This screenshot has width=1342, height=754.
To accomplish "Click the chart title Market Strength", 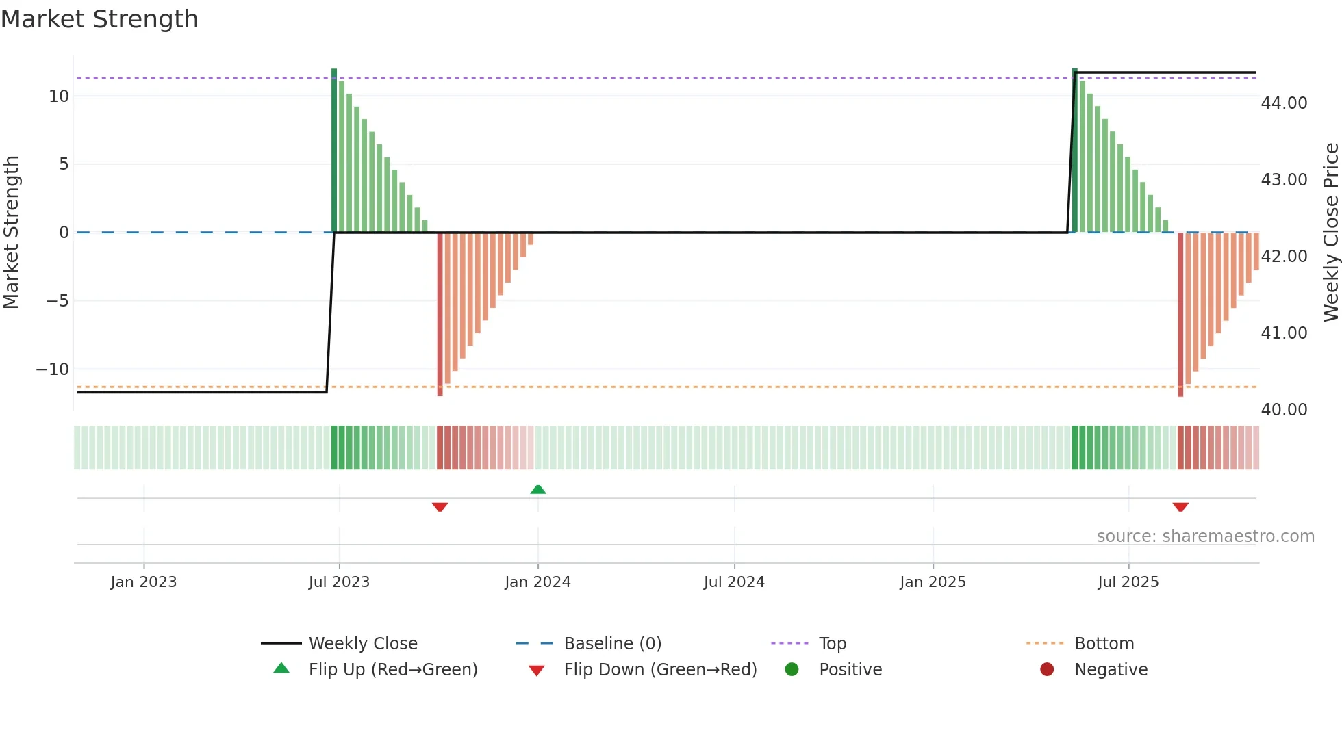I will (99, 19).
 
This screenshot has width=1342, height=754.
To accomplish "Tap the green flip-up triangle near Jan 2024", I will (538, 489).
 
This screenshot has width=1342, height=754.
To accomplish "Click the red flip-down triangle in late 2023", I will (440, 507).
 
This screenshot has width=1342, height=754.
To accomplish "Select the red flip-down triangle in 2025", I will (1180, 507).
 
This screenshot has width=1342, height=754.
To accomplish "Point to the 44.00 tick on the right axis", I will (1284, 103).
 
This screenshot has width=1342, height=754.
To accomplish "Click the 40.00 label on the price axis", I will (1284, 410).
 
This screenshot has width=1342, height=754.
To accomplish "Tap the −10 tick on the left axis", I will (53, 369).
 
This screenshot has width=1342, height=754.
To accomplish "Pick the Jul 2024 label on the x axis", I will (734, 582).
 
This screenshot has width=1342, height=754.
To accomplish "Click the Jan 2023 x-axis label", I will (144, 582).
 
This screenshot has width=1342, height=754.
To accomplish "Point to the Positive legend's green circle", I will (792, 670).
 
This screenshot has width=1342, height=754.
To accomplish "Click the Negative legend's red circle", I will (1047, 670).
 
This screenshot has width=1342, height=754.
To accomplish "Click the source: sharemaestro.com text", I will (1205, 536).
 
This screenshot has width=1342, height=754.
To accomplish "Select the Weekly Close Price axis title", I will (1330, 233).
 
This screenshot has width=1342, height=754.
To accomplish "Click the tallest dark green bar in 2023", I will (334, 151).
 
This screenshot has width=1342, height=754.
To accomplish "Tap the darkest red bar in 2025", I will (1180, 315).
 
